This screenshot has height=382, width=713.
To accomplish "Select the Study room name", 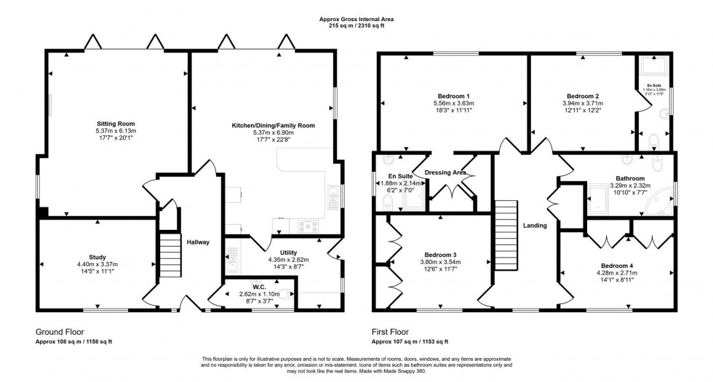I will [x=97, y=257].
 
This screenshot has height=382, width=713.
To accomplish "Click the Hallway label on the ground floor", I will [x=198, y=242].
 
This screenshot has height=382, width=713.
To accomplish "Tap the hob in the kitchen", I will [x=305, y=226].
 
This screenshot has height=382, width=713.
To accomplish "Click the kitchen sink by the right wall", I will [x=332, y=193].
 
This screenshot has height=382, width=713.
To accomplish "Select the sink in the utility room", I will [x=231, y=255].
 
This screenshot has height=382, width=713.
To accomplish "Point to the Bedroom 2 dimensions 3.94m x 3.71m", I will [x=582, y=104].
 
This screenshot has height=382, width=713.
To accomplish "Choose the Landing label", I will [x=535, y=226].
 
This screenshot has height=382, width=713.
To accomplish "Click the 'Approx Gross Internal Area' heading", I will [x=356, y=20].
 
